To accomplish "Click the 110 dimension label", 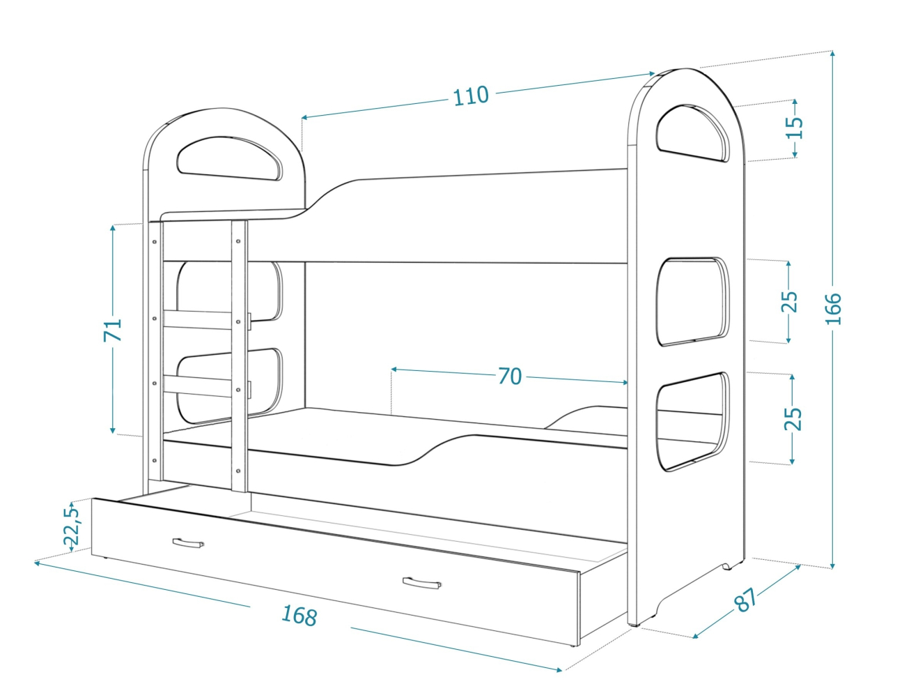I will click(x=471, y=96).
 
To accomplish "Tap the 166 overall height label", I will click(x=833, y=308).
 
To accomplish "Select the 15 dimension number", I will click(x=794, y=128).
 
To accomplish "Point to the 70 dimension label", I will click(x=510, y=377).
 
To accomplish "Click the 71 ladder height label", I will click(x=113, y=330).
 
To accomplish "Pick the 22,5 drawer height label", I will click(x=71, y=524).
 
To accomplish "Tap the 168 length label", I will click(x=299, y=615).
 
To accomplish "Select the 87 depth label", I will click(x=745, y=600).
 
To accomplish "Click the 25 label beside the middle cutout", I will click(x=788, y=301).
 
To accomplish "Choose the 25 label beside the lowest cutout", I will click(x=793, y=418).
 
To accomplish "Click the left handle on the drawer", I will click(x=187, y=542).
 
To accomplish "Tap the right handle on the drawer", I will click(x=421, y=582).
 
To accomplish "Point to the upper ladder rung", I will click(x=198, y=319).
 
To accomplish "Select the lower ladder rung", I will click(x=198, y=386).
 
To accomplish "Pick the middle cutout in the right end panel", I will click(x=692, y=301).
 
